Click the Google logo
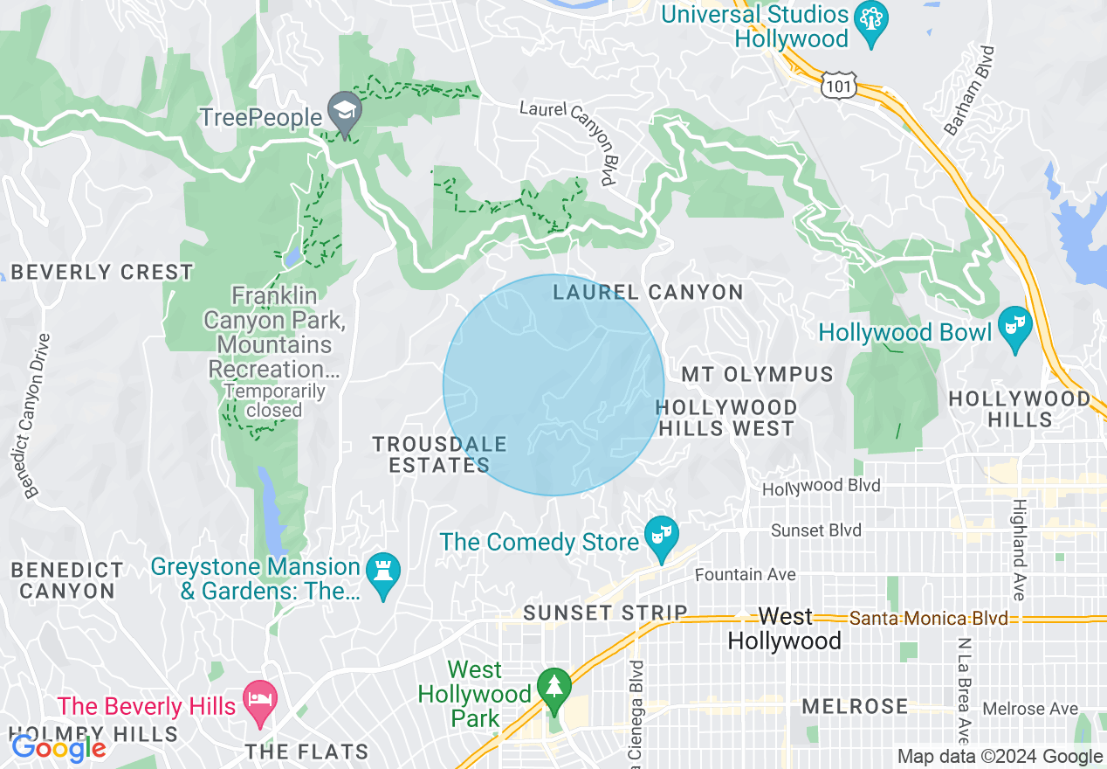pyautogui.click(x=58, y=748)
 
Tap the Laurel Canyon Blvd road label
pyautogui.click(x=567, y=140)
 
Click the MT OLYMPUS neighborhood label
pyautogui.click(x=757, y=375)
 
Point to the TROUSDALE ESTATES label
pyautogui.click(x=439, y=454)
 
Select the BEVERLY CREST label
pyautogui.click(x=102, y=272)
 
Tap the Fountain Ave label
pyautogui.click(x=745, y=574)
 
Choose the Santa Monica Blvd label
pyautogui.click(x=928, y=619)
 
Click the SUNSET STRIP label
pyautogui.click(x=605, y=613)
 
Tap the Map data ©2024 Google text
pyautogui.click(x=1000, y=757)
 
